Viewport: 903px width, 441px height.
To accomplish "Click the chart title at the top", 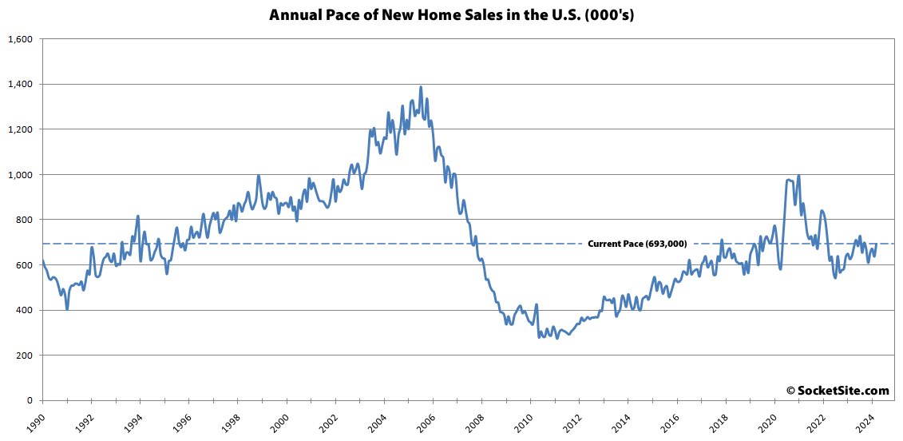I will [451, 15].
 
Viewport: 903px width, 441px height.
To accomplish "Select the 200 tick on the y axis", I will [24, 356].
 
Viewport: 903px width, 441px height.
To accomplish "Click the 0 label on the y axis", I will [30, 400].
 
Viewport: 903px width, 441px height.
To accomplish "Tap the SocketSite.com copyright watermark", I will [838, 391].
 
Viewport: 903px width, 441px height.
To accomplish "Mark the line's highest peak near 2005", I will [421, 87].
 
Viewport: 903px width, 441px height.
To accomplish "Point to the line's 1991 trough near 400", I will [67, 308].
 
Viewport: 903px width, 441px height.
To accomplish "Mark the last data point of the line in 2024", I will [877, 244].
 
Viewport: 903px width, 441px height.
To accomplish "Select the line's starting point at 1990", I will [42, 260].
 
